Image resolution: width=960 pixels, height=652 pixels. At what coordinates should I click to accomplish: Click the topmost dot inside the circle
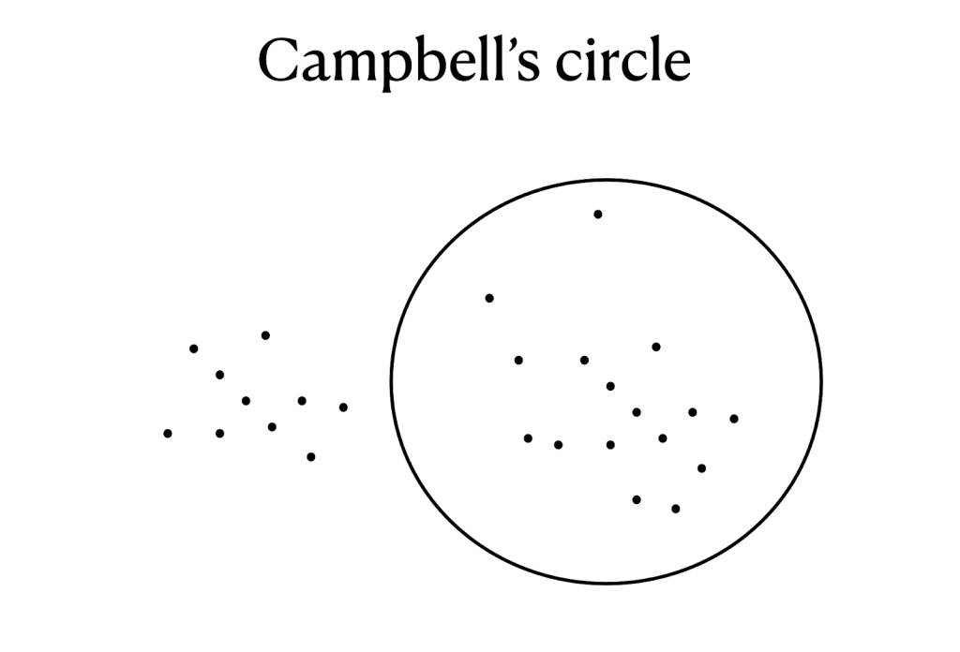[597, 215]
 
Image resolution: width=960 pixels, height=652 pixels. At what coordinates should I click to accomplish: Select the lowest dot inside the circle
[675, 509]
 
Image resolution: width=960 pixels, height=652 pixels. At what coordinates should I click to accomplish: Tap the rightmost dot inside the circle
[734, 419]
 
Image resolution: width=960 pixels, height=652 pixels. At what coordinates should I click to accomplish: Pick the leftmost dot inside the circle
[488, 299]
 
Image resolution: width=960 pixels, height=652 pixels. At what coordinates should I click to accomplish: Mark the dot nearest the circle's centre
[610, 386]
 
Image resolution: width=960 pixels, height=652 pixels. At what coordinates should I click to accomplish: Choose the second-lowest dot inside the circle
[637, 499]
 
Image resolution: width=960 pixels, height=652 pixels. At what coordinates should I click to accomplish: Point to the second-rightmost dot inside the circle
[701, 467]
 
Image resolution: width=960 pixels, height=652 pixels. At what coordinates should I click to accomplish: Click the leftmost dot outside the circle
[168, 434]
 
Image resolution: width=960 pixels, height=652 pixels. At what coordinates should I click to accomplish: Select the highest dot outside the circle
[265, 335]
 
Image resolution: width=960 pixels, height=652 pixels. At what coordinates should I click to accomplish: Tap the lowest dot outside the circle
[310, 457]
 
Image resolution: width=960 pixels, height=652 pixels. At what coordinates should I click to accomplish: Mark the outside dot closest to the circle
[343, 407]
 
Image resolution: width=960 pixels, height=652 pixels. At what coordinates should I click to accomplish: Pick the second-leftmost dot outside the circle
[194, 348]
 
